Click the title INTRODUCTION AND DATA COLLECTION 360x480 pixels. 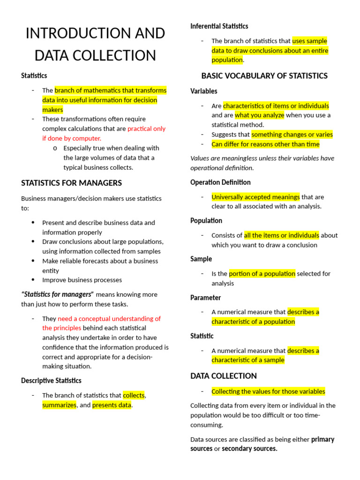click(x=95, y=45)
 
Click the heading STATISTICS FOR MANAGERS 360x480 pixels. click(x=71, y=183)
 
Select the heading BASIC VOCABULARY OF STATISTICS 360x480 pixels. click(x=264, y=76)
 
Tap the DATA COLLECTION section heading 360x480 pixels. click(x=224, y=376)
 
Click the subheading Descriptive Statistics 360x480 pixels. click(x=51, y=381)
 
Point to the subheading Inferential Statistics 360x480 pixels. click(x=219, y=26)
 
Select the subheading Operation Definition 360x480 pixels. click(x=220, y=182)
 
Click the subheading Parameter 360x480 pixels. click(x=205, y=298)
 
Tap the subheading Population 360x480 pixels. click(x=206, y=221)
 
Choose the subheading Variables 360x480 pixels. click(x=204, y=91)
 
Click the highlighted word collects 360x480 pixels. click(x=134, y=395)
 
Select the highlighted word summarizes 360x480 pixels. click(x=59, y=405)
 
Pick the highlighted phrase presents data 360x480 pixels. click(x=112, y=405)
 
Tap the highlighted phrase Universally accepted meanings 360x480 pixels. click(x=255, y=197)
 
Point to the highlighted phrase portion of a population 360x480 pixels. click(x=262, y=274)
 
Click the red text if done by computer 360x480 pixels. click(x=72, y=138)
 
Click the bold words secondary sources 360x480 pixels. click(x=249, y=449)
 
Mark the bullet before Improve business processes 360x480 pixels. click(x=33, y=280)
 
